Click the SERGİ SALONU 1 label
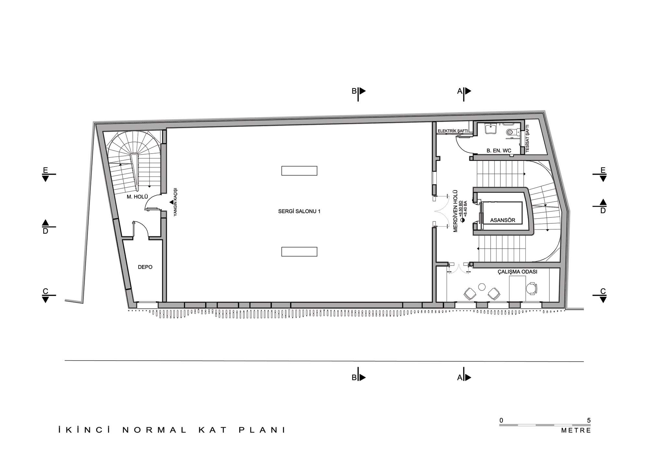pos(299,211)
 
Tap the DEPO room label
pos(145,267)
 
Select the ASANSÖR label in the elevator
pos(503,220)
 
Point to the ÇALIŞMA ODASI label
pos(518,272)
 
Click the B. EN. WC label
pos(499,151)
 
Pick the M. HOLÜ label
pos(137,197)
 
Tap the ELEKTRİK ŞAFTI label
pos(453,131)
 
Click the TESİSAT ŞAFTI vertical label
pos(527,139)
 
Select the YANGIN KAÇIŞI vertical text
pos(176,202)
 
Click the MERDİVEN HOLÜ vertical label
pos(455,211)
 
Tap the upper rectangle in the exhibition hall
pos(299,171)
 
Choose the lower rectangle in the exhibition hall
pos(299,252)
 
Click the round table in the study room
pos(482,287)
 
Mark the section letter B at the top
pos(354,91)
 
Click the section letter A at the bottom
pos(459,378)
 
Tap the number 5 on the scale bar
pos(589,420)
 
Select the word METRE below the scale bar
pos(576,431)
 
